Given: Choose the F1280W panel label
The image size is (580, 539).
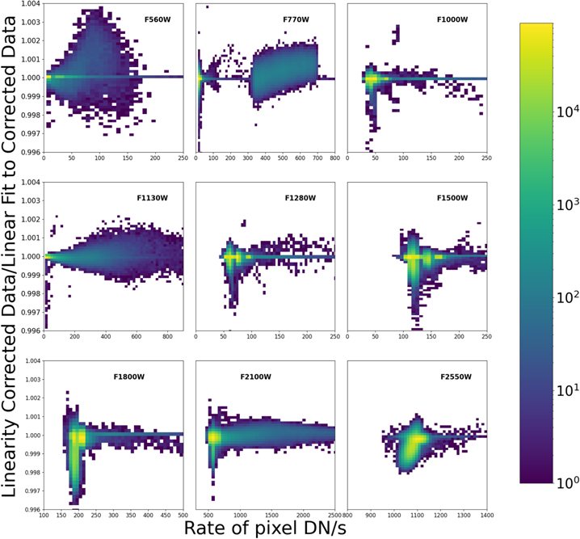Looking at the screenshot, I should click(301, 197).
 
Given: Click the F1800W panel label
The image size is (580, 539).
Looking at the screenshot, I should click(130, 376).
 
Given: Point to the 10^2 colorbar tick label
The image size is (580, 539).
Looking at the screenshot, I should click(566, 298).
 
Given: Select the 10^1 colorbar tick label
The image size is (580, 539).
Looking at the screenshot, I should click(566, 390).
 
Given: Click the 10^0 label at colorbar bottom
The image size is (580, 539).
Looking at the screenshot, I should click(566, 482).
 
